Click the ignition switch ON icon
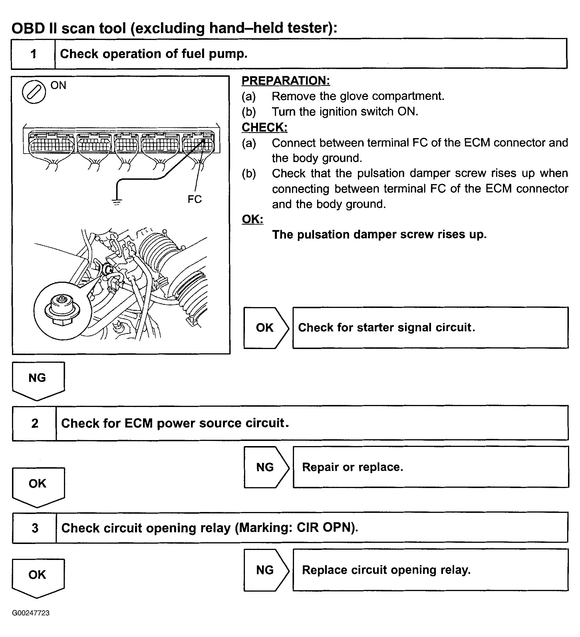(34, 92)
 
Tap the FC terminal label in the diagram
(194, 199)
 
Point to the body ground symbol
(117, 201)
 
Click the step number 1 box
(33, 54)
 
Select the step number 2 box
(35, 423)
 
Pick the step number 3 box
(35, 528)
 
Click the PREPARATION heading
(286, 80)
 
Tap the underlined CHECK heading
(265, 127)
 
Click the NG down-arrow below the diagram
(38, 380)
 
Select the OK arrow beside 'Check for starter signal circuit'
(265, 328)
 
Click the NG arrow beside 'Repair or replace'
(265, 467)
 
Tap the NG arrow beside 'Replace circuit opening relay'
(265, 570)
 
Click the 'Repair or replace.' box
(430, 467)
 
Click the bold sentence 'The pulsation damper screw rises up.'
(379, 235)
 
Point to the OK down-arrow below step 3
(38, 577)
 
